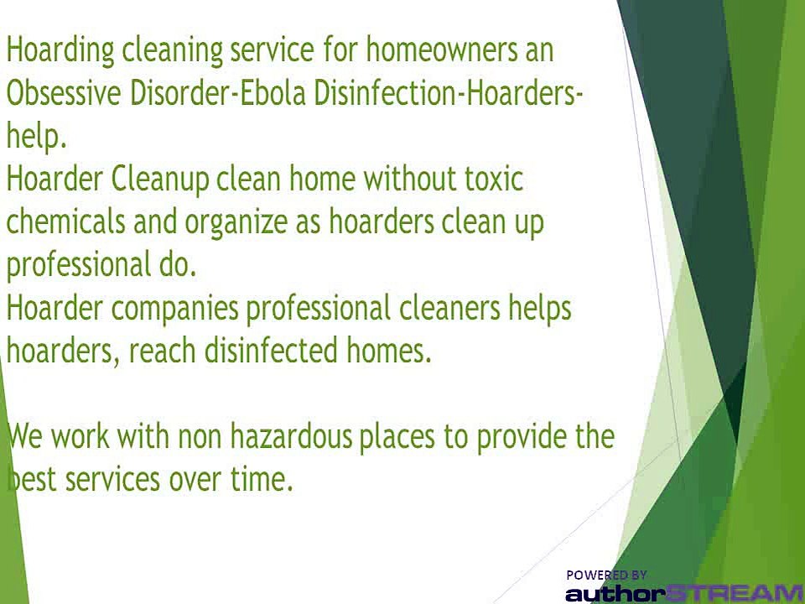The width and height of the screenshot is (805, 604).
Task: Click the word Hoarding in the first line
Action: (60, 50)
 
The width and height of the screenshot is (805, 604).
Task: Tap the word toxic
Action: (493, 180)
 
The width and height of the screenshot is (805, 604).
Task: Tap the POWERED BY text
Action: (606, 575)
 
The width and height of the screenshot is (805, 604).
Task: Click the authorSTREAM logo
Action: (683, 593)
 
